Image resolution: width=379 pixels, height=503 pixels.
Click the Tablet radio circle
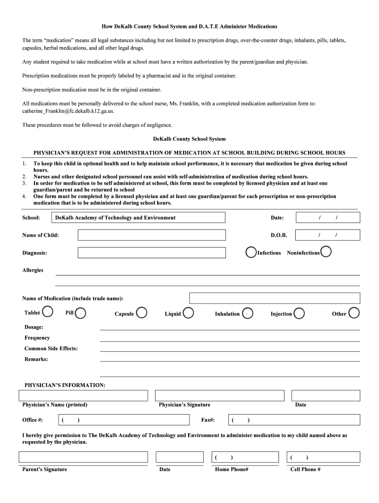[x=48, y=312]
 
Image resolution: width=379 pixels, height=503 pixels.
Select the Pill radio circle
[x=81, y=313]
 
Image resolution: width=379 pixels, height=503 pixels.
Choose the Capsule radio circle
[x=141, y=312]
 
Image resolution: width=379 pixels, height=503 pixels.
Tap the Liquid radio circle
[x=188, y=313]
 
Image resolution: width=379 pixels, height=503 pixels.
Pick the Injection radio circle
[x=299, y=313]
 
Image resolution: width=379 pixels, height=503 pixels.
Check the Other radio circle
[x=354, y=313]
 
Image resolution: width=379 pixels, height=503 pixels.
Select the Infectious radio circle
[x=251, y=252]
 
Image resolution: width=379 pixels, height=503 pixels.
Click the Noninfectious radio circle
[x=326, y=252]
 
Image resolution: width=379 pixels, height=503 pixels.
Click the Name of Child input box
[x=152, y=235]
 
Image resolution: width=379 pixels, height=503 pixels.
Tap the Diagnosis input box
[x=152, y=252]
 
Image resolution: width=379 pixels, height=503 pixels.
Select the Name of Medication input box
[x=274, y=298]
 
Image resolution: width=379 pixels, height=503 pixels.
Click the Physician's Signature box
[x=220, y=395]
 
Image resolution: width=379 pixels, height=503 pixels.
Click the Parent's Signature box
[x=83, y=457]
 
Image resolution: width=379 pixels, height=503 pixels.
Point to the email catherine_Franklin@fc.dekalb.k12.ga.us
[x=68, y=111]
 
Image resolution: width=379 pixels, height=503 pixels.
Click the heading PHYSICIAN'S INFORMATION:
[x=65, y=385]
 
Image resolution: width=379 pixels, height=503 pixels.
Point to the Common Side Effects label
[x=51, y=348]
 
